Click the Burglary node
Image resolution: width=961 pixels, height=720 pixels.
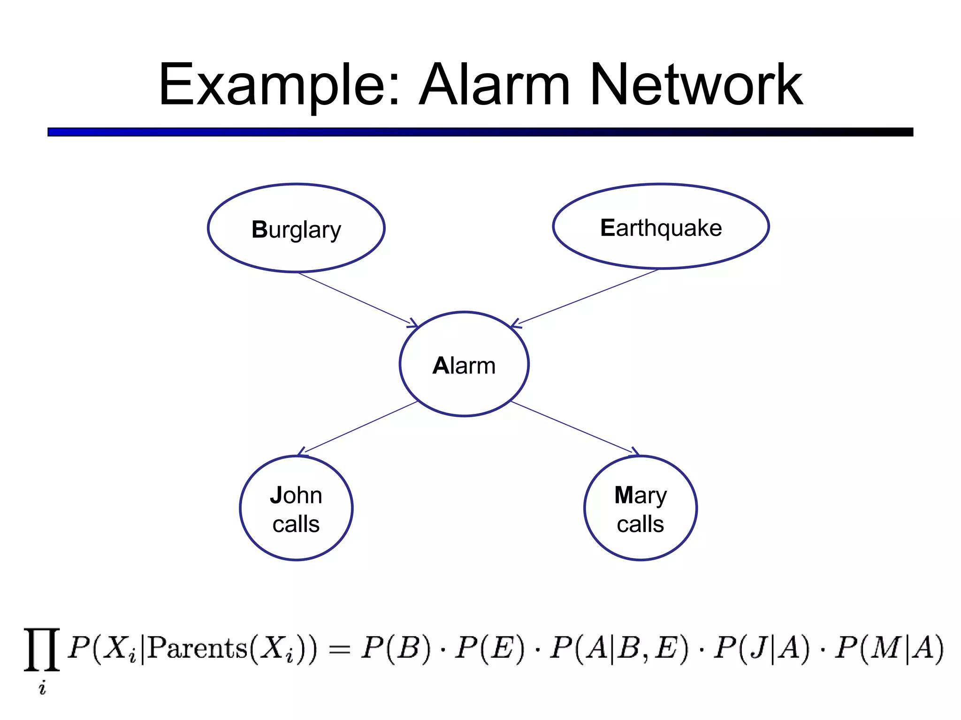[x=296, y=228]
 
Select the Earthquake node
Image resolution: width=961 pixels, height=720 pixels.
[x=661, y=227]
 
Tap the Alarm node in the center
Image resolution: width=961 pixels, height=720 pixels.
[x=464, y=364]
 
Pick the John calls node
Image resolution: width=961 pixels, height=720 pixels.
[x=296, y=509]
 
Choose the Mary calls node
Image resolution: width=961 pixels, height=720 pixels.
[x=641, y=509]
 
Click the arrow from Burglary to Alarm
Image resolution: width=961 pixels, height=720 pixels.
[x=357, y=299]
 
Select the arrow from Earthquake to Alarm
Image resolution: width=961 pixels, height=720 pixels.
[x=584, y=297]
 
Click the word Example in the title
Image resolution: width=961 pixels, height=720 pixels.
[x=279, y=86]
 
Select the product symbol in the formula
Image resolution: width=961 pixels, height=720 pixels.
[x=42, y=650]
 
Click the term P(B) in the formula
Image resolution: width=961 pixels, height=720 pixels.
[x=396, y=649]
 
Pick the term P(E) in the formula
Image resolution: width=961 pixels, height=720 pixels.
[x=490, y=649]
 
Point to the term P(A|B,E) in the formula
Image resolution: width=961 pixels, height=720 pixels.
[x=619, y=649]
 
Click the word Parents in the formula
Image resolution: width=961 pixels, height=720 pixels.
[x=197, y=649]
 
